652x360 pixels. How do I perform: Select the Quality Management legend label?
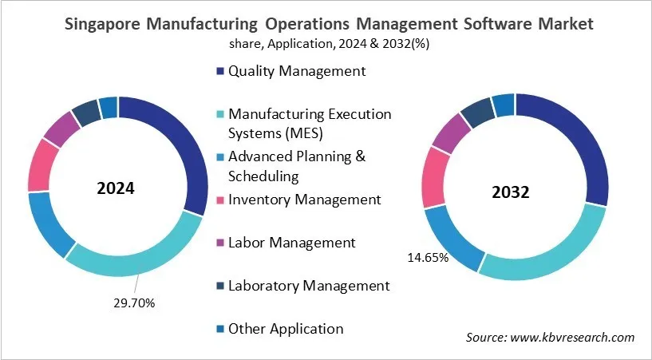coord(296,71)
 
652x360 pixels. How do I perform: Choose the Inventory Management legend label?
coord(304,199)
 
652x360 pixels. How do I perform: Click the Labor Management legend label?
coord(291,242)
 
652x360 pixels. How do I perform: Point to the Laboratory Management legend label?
coord(308,285)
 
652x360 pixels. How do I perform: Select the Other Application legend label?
coord(285,328)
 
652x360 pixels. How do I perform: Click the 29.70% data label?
coord(133,303)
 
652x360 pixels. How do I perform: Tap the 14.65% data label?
coord(429,258)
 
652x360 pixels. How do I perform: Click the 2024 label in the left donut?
coord(117,189)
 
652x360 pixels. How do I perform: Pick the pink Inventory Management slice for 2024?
coord(40,165)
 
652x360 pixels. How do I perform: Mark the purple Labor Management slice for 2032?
coord(452,132)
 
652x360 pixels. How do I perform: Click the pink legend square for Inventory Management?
coord(220,200)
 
